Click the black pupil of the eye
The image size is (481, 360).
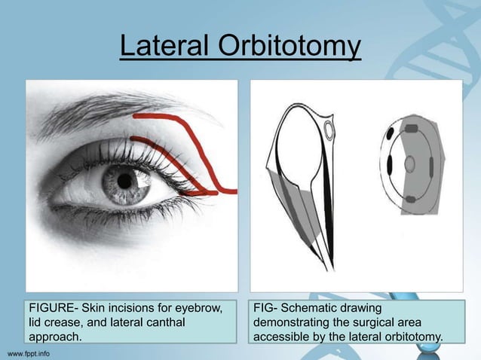pyautogui.click(x=121, y=180)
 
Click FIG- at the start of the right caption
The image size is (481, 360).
pyautogui.click(x=266, y=308)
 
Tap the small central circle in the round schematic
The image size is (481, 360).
pyautogui.click(x=410, y=163)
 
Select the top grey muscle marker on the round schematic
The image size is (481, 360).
pyautogui.click(x=411, y=130)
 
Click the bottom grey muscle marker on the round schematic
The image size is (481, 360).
pyautogui.click(x=411, y=199)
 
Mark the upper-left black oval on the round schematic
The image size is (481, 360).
pyautogui.click(x=391, y=135)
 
